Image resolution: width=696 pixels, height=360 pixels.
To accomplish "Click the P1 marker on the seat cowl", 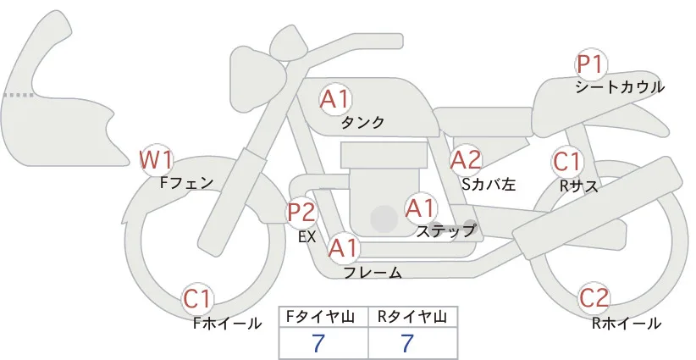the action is point(591,64).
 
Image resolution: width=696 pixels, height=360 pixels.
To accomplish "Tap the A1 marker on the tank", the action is point(335,99).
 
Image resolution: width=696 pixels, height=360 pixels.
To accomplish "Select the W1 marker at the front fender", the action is point(155,160).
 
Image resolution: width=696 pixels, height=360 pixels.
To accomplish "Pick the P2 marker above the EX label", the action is point(301,213).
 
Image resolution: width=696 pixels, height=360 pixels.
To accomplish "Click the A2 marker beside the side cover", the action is point(465,160).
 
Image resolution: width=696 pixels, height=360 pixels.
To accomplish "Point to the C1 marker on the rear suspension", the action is point(567,162).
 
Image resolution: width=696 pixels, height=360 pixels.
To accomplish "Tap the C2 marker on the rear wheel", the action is point(593,298).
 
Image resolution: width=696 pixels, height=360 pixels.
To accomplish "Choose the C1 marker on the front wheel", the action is point(197,300).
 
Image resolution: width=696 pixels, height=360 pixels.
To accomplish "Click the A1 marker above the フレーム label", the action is point(343,248).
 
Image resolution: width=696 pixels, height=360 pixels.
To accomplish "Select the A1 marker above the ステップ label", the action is point(421,208).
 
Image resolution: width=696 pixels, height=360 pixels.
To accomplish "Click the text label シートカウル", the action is point(620,87).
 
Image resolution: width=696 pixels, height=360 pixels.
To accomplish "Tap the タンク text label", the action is point(362,123).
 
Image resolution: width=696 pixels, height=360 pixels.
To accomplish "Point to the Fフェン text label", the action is point(186,182).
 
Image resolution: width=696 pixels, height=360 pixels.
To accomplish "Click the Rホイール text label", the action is point(627,324).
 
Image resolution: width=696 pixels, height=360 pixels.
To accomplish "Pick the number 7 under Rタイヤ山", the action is point(407,343).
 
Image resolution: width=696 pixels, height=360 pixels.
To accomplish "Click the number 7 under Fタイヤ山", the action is point(318,343).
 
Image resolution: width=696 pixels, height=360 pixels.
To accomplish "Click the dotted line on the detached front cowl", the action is point(19,95).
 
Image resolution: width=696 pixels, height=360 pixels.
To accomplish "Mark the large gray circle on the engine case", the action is point(384,219).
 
